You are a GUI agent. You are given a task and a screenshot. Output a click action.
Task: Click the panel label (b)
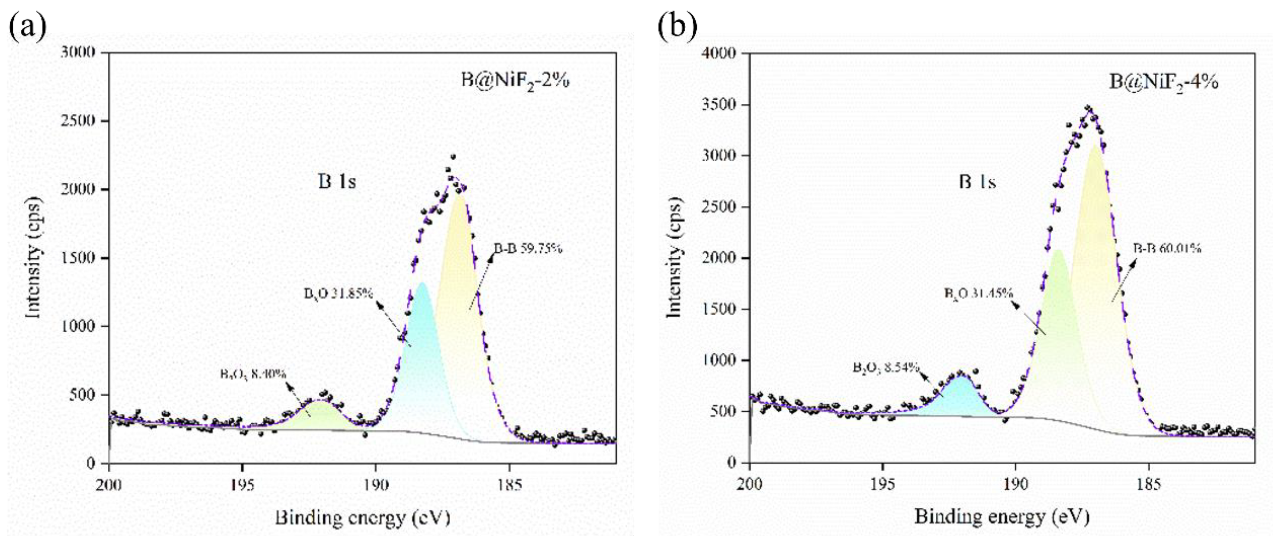[x=677, y=26]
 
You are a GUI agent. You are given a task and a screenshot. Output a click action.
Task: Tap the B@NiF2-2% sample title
[x=515, y=80]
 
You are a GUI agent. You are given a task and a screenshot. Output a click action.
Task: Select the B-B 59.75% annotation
[x=528, y=249]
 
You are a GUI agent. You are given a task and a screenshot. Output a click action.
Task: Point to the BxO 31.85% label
[x=338, y=293]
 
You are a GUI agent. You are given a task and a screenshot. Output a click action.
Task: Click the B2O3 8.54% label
[x=886, y=368]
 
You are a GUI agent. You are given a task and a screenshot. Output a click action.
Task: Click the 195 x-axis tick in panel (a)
[x=242, y=485]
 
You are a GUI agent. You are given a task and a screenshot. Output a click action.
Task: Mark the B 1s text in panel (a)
[x=336, y=182]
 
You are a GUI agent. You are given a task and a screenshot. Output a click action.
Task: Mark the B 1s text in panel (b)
[x=977, y=182]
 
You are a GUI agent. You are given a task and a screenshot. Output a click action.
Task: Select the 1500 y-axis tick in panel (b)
[x=719, y=309]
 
